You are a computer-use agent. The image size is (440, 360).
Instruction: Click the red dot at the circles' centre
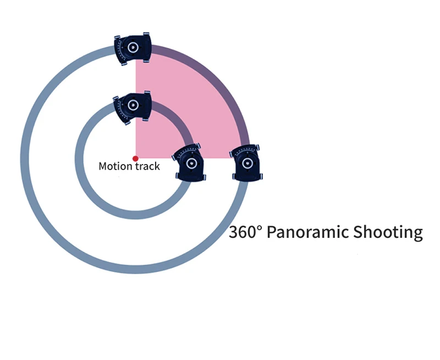coord(135,159)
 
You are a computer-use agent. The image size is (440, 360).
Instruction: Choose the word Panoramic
coord(306,232)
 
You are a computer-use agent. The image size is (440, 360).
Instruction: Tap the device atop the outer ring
coord(133,48)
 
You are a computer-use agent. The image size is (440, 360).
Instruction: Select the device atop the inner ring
coord(133,106)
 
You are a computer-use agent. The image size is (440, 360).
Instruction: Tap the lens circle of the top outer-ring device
coord(133,47)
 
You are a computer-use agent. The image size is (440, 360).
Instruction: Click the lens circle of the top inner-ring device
coord(133,104)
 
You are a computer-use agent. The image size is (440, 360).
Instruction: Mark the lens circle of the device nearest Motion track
coord(190,164)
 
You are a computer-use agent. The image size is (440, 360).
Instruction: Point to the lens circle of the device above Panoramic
coord(247,163)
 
